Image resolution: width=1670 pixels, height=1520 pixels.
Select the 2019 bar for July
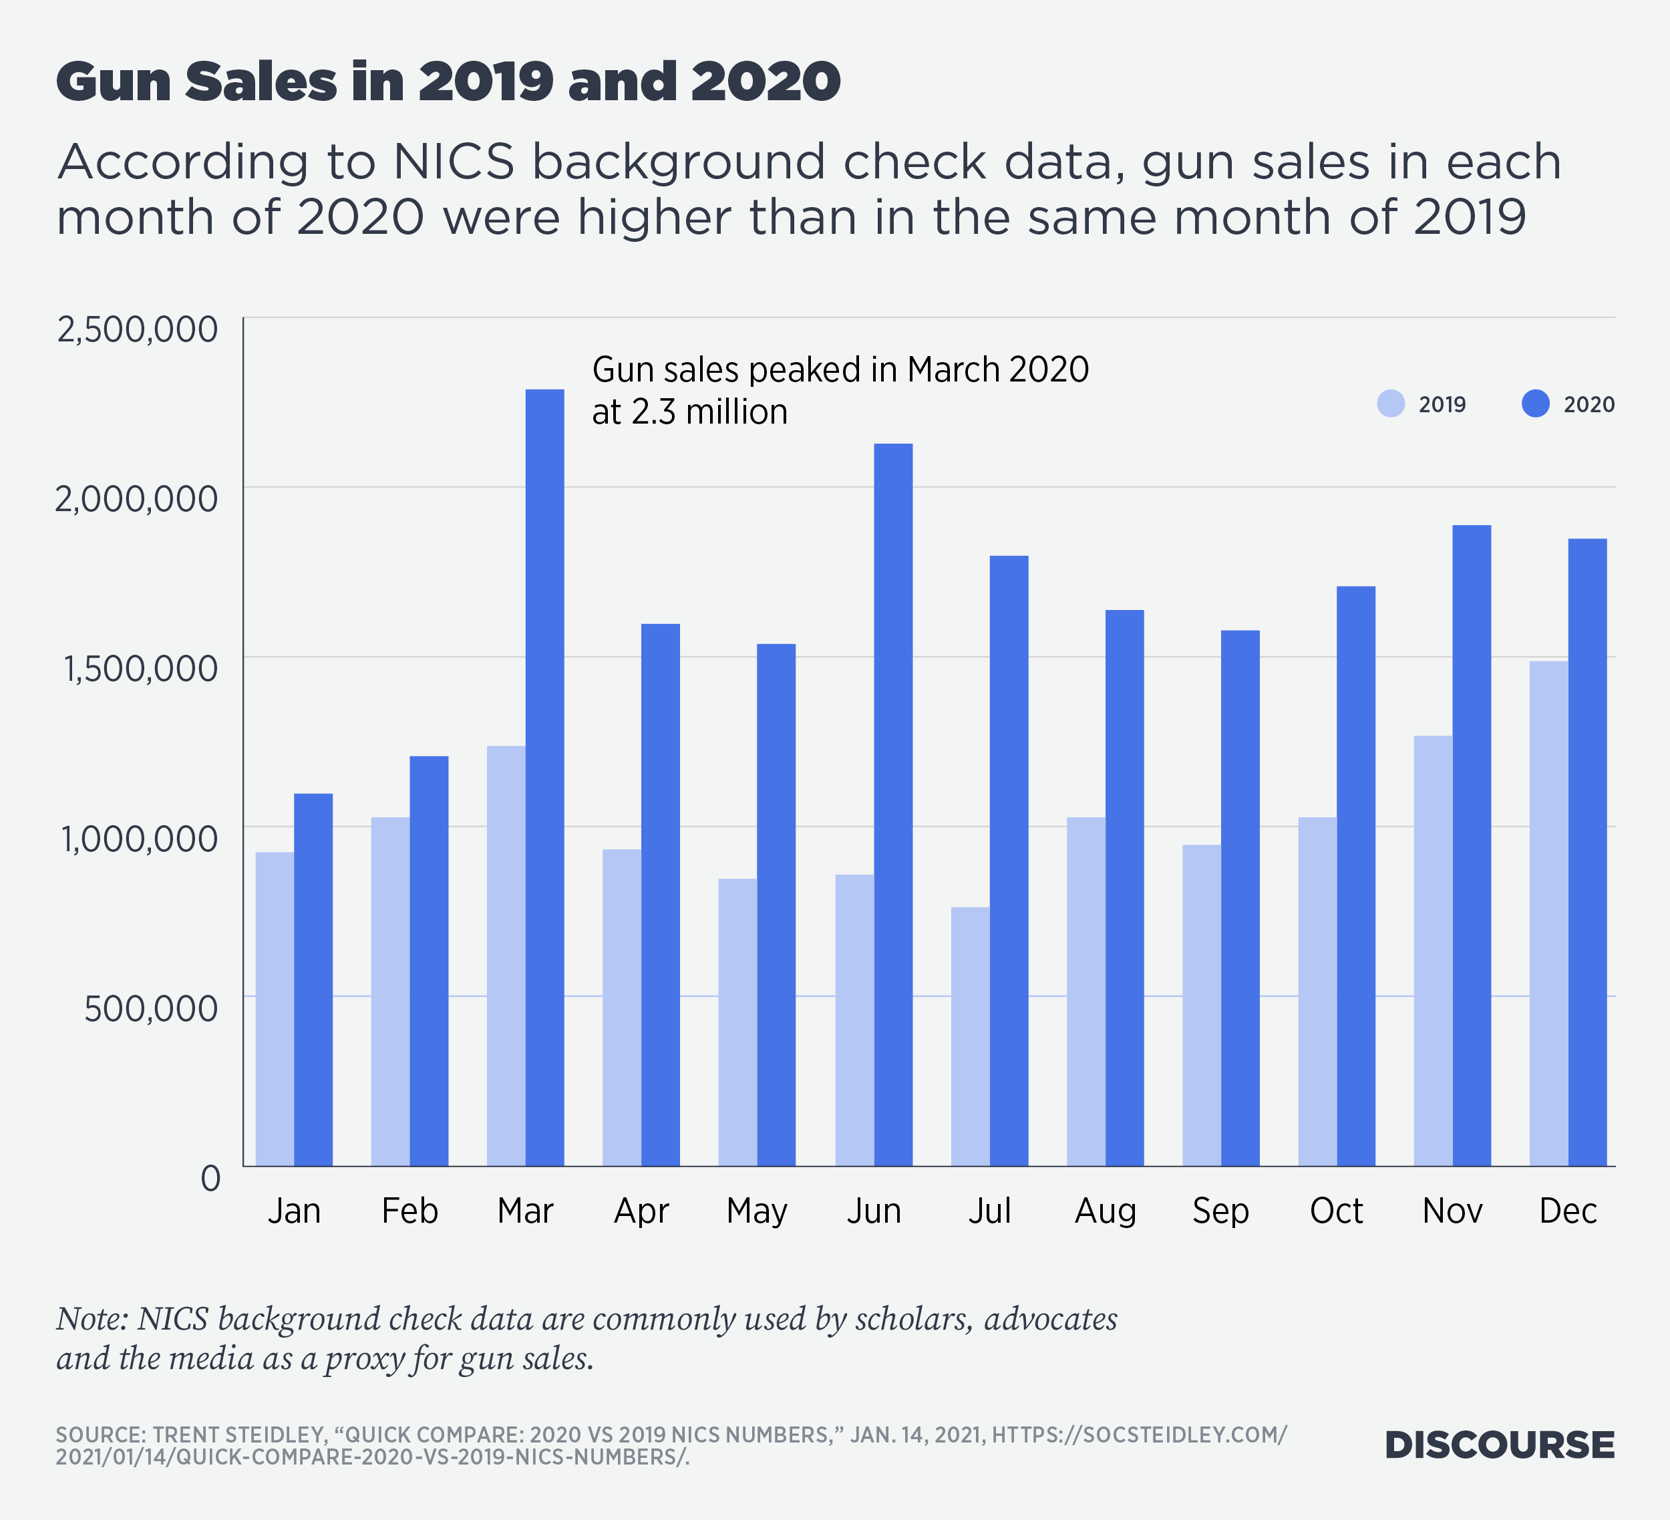[970, 1036]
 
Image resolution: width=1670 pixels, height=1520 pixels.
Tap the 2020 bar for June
[893, 804]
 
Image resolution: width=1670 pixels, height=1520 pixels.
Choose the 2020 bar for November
[1471, 845]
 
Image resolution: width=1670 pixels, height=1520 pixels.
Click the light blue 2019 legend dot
[1391, 404]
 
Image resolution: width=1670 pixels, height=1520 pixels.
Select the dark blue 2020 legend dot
[1535, 404]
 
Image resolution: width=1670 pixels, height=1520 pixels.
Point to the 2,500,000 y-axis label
[138, 329]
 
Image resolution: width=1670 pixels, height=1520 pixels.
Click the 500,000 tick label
[151, 1008]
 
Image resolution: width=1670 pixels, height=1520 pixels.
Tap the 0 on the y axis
[210, 1178]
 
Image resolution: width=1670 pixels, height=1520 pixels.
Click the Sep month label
[1220, 1211]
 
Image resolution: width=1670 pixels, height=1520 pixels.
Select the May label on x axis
[756, 1211]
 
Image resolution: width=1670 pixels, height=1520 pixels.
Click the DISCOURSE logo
[1500, 1445]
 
